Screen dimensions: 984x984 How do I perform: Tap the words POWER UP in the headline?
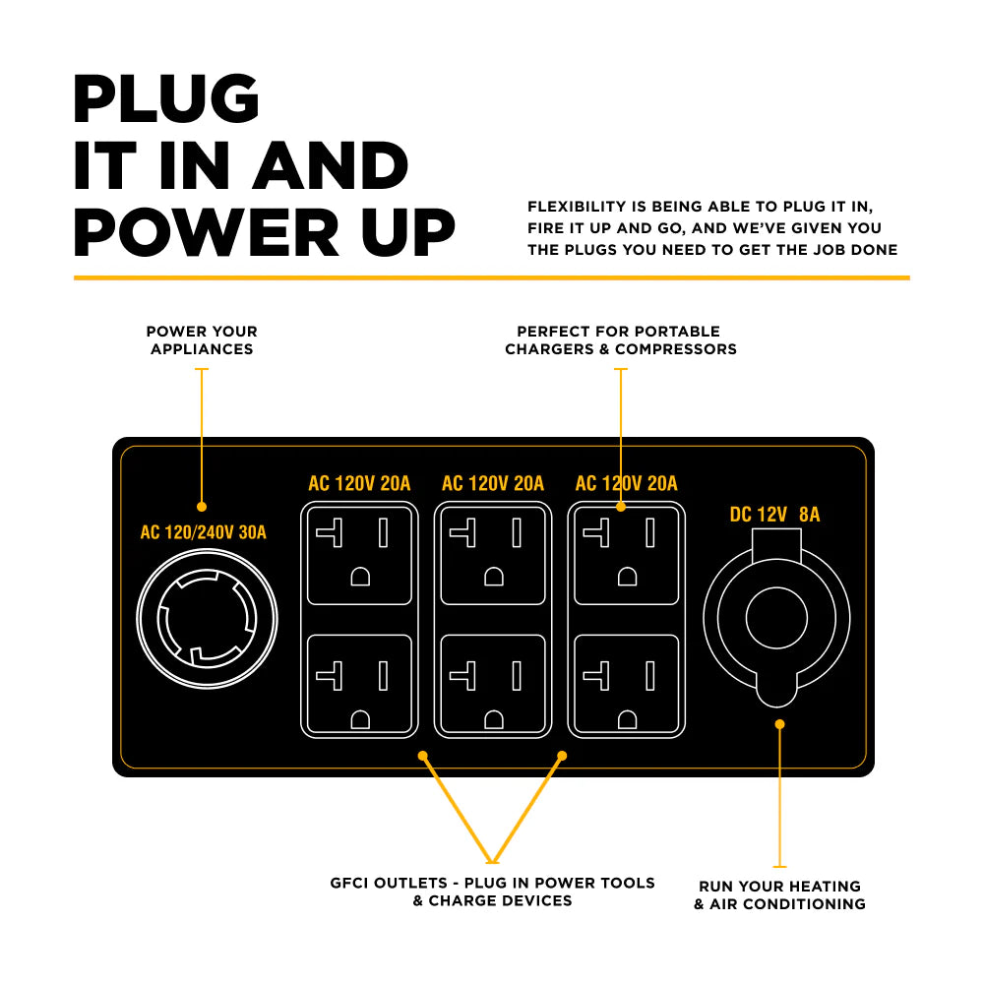click(x=264, y=232)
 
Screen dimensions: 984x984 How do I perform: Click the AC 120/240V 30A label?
click(x=204, y=533)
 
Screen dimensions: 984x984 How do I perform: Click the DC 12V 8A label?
click(x=774, y=515)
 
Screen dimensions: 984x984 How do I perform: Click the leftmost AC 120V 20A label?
click(x=359, y=484)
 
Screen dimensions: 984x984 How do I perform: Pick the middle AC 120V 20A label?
click(x=493, y=484)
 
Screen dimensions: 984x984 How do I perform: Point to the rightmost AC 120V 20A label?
click(x=627, y=484)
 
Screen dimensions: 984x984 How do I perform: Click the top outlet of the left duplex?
click(x=359, y=554)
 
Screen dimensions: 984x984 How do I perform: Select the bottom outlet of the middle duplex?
click(x=493, y=685)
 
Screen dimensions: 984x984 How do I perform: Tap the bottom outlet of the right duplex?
click(x=627, y=685)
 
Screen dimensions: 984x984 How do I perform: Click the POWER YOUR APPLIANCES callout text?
click(x=202, y=340)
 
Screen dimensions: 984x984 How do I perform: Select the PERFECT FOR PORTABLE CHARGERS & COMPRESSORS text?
click(x=621, y=340)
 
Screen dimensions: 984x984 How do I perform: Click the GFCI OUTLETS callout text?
click(x=492, y=892)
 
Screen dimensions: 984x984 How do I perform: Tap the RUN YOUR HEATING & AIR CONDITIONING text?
click(x=779, y=894)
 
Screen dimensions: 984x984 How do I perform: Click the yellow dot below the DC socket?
click(x=779, y=724)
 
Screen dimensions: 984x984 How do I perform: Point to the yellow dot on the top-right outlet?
click(x=621, y=507)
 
